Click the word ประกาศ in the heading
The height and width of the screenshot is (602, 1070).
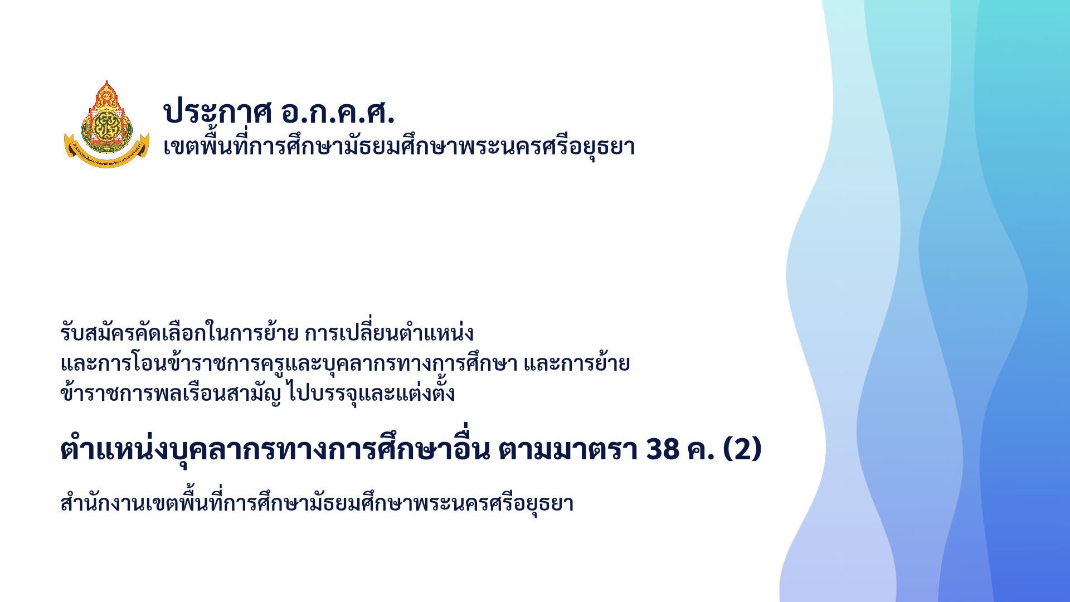click(217, 111)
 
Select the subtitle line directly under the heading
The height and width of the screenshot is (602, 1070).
click(399, 147)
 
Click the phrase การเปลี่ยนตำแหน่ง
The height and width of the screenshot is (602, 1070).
click(389, 333)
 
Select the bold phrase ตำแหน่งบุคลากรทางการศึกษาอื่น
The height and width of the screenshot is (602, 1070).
click(275, 449)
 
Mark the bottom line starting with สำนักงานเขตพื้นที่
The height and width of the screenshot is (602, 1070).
click(317, 503)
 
